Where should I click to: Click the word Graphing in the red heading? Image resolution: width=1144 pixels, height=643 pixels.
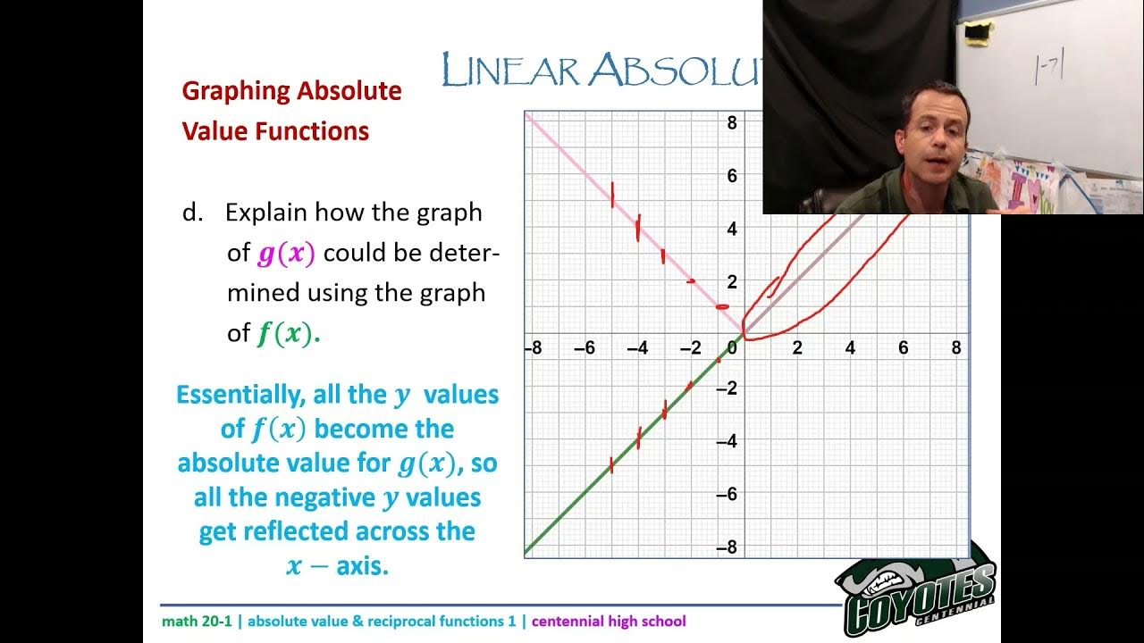237,91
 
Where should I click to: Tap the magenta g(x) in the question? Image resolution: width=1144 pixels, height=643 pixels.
286,254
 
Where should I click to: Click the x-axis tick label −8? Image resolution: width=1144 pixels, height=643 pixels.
533,348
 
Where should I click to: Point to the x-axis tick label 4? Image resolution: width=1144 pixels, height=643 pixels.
850,348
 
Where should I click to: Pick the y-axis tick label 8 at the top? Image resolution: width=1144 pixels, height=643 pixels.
732,122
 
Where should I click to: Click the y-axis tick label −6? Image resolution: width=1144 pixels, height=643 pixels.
728,494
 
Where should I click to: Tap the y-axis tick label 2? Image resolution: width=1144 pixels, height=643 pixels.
732,282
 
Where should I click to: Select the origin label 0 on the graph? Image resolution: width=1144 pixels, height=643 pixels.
733,348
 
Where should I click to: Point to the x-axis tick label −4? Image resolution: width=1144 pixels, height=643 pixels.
637,348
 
